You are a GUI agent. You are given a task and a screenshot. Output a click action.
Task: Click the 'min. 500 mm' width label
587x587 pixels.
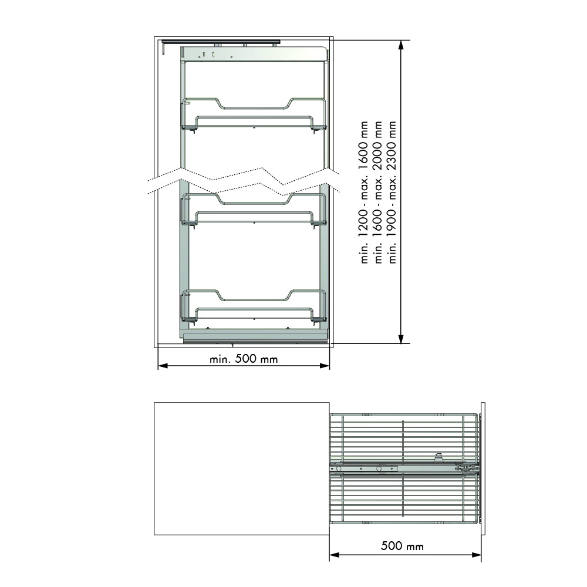244,359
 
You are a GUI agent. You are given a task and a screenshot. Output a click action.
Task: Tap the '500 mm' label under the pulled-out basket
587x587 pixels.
402,546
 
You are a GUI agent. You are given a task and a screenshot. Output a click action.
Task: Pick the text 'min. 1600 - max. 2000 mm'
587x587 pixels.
378,192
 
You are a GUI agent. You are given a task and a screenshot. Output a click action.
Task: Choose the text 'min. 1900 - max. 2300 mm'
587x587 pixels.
392,192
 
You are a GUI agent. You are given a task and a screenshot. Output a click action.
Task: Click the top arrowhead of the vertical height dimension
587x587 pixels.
401,45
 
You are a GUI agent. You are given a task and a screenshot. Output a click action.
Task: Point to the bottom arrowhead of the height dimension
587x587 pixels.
401,339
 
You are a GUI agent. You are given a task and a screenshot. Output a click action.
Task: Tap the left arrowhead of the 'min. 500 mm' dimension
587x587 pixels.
163,365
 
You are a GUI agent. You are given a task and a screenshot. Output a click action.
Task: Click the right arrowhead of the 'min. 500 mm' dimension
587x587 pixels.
325,365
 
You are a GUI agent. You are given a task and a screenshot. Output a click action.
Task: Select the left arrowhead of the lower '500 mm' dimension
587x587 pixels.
335,555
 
